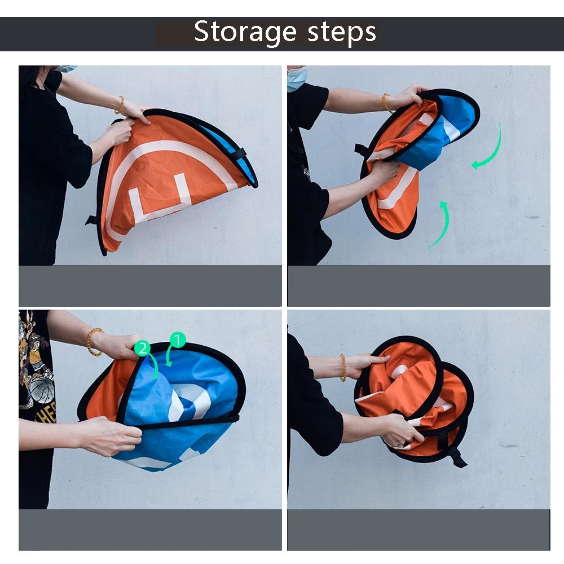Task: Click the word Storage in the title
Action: [x=245, y=33]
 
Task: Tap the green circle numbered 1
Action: [x=177, y=340]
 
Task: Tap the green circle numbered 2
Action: [x=143, y=349]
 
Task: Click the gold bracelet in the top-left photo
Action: [x=120, y=105]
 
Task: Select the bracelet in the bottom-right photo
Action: [x=343, y=368]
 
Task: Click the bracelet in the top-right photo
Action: [x=386, y=103]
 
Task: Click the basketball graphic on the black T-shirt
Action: [x=42, y=389]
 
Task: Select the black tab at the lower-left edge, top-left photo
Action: [x=92, y=220]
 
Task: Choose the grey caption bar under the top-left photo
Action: [x=151, y=286]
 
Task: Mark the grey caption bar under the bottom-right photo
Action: [x=418, y=530]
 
